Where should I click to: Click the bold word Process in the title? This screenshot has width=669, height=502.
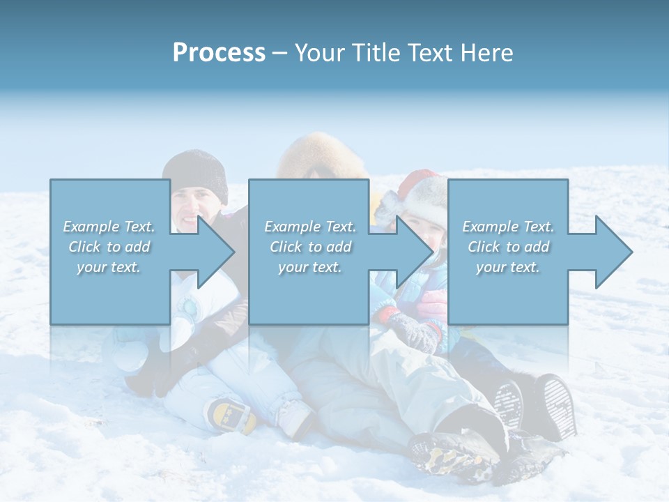pos(219,53)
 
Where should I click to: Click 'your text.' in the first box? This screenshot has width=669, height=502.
pos(109,267)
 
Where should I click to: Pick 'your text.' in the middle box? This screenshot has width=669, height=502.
pos(310,267)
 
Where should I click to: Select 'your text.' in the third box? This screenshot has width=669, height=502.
pos(508,267)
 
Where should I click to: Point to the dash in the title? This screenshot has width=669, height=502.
pos(280,53)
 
